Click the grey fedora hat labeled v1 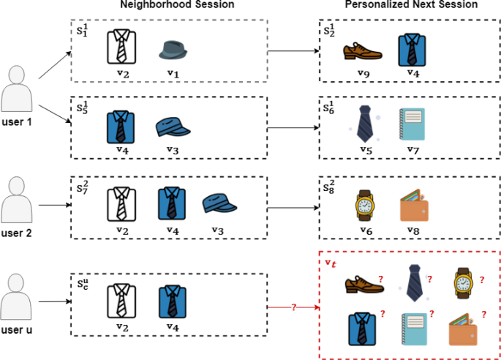pos(174,50)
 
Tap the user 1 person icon pos(18,88)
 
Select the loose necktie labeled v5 pos(364,123)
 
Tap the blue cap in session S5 pos(173,128)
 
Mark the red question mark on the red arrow pos(293,307)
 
